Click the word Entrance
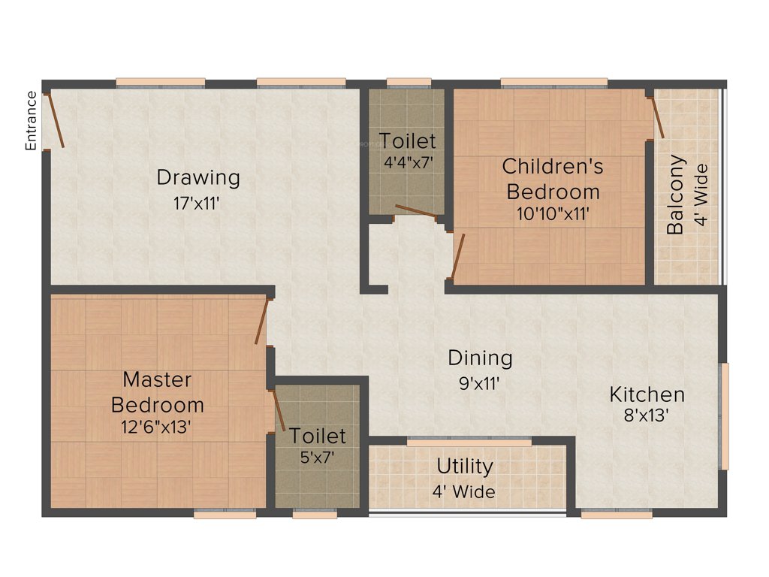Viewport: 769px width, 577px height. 32,121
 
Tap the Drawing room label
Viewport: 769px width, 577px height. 198,178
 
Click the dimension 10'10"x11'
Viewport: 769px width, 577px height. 553,213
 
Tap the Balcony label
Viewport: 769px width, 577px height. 677,195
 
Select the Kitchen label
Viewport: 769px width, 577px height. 647,394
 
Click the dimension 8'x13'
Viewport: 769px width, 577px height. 647,415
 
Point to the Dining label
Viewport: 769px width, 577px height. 481,358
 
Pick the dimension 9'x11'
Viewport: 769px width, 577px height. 481,382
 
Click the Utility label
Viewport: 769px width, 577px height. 465,467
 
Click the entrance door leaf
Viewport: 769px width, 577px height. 56,120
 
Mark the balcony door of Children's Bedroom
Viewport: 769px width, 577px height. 656,117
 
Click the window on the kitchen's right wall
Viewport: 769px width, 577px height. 725,416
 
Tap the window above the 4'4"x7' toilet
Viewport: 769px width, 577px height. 409,82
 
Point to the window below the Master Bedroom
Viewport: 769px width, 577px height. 225,515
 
